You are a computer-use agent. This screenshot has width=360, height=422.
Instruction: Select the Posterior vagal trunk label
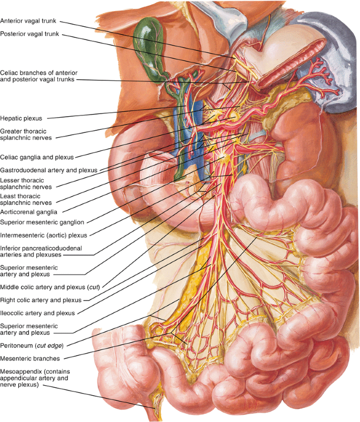pos(29,34)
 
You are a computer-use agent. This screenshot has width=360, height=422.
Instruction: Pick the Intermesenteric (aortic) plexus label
pos(44,235)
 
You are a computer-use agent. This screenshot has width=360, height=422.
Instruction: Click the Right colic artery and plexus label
pos(40,300)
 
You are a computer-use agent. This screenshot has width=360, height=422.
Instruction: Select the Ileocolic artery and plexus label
pos(37,313)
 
